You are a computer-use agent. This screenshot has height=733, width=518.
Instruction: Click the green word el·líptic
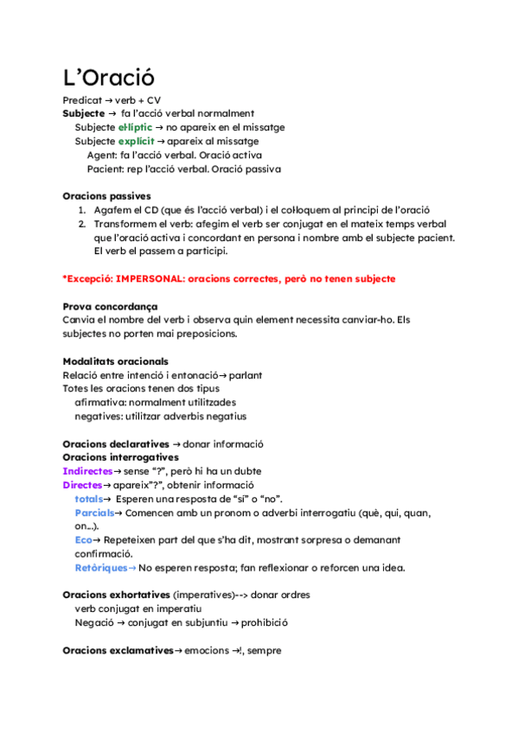pos(134,127)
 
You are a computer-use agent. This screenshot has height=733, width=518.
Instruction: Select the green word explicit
pos(136,141)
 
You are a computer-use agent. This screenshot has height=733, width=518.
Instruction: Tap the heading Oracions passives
pos(106,196)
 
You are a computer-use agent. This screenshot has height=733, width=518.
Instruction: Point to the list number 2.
pos(80,224)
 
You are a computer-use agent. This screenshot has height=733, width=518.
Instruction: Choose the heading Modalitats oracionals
pos(115,361)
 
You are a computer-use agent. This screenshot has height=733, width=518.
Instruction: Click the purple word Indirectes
pos(87,471)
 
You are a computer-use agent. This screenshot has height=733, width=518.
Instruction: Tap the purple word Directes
pos(82,485)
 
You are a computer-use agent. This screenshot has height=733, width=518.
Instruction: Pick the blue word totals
pos(89,499)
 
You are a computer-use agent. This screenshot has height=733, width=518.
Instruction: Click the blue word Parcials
pos(94,513)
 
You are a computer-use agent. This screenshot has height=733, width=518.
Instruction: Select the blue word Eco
pos(83,539)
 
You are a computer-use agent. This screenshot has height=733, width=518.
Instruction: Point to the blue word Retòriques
pos(100,567)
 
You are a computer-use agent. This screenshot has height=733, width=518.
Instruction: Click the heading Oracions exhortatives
pos(116,595)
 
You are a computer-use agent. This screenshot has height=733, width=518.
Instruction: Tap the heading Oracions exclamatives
pos(118,650)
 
